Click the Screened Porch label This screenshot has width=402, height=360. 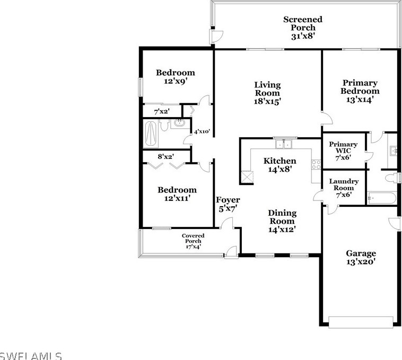coord(302,23)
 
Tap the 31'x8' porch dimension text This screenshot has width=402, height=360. coord(303,37)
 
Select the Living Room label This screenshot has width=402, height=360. coord(267,89)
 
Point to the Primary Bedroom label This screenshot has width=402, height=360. coord(360,87)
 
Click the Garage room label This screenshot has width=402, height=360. coord(361,253)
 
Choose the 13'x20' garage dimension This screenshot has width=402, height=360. coord(361,262)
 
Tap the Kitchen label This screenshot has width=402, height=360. coord(280,161)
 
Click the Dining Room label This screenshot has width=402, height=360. coord(282,217)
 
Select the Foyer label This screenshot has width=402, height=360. coord(228,200)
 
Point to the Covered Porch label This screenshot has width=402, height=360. coord(193,238)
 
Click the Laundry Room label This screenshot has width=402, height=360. coord(344,185)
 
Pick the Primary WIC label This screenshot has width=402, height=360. coord(343,147)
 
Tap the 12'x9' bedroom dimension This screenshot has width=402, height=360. coord(175,82)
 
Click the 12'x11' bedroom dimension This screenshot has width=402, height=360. coord(176,198)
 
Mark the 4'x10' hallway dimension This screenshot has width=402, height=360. coord(202,131)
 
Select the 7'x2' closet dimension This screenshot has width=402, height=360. coord(161,112)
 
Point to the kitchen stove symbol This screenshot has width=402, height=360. coord(317,164)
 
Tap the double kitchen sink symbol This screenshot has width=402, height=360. coord(285,144)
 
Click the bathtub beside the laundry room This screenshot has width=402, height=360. coord(381,199)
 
